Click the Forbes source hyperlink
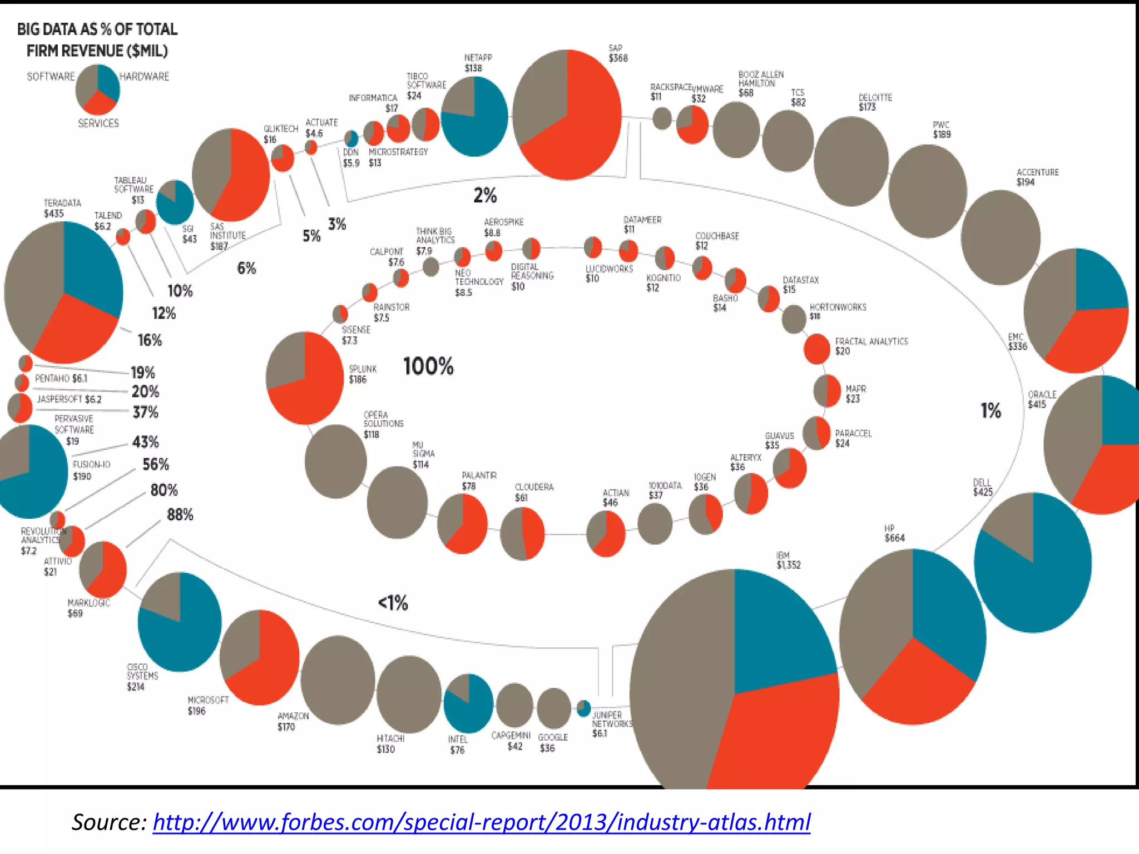click(481, 822)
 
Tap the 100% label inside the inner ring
click(428, 366)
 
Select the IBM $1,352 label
click(788, 560)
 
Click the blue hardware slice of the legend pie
click(109, 82)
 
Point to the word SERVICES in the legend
click(98, 123)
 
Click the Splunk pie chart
click(305, 378)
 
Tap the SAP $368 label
click(618, 53)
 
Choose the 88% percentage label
click(180, 515)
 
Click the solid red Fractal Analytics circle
click(816, 349)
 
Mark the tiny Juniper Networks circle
click(583, 708)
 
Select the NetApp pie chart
click(474, 116)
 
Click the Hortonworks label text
click(838, 307)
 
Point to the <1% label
click(393, 603)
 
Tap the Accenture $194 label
click(1037, 177)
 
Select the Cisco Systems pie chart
click(180, 622)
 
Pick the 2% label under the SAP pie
click(485, 195)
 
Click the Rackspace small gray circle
click(662, 118)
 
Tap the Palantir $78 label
click(479, 480)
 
